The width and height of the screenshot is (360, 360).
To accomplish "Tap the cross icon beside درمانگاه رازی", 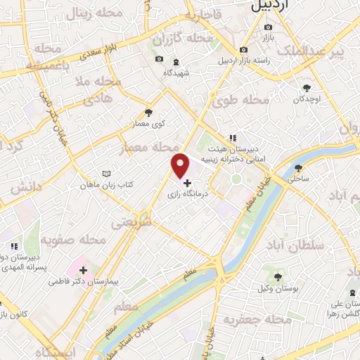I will (187, 183).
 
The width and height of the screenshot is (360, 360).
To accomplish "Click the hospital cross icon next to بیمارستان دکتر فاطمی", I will (84, 269).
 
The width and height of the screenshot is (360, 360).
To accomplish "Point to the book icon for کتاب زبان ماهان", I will (106, 173).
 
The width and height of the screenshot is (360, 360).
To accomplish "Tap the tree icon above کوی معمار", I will (148, 112).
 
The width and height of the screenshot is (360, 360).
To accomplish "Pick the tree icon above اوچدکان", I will (307, 88).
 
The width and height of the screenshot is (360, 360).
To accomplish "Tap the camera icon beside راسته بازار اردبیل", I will (243, 50).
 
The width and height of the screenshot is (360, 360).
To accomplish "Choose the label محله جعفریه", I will (257, 320).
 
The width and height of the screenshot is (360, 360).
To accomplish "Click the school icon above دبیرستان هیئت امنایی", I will (231, 139).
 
